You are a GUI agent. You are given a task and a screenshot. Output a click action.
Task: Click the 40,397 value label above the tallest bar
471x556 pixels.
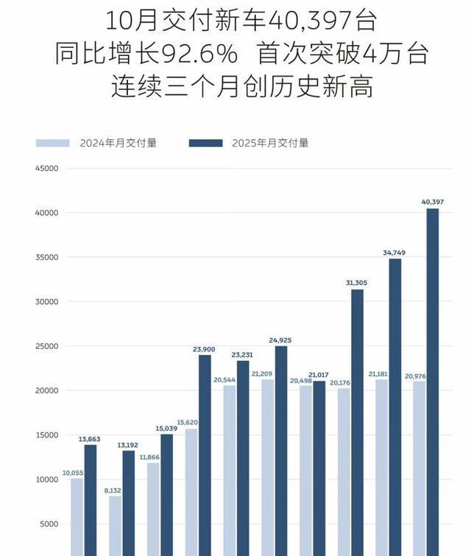click(432, 202)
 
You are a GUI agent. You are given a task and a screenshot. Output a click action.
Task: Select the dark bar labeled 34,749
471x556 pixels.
click(395, 405)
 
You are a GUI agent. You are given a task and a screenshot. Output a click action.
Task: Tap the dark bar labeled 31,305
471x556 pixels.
click(357, 420)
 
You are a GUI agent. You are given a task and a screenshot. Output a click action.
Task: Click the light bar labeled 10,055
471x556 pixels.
click(77, 515)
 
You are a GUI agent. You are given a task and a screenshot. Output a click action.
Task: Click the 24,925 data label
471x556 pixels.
click(280, 339)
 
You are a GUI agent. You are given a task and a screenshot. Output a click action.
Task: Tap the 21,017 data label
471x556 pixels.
click(319, 374)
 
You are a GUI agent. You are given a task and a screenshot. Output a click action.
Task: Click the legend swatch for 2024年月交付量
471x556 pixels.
click(52, 143)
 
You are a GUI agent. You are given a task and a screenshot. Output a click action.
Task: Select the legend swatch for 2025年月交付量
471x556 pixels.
click(205, 143)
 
